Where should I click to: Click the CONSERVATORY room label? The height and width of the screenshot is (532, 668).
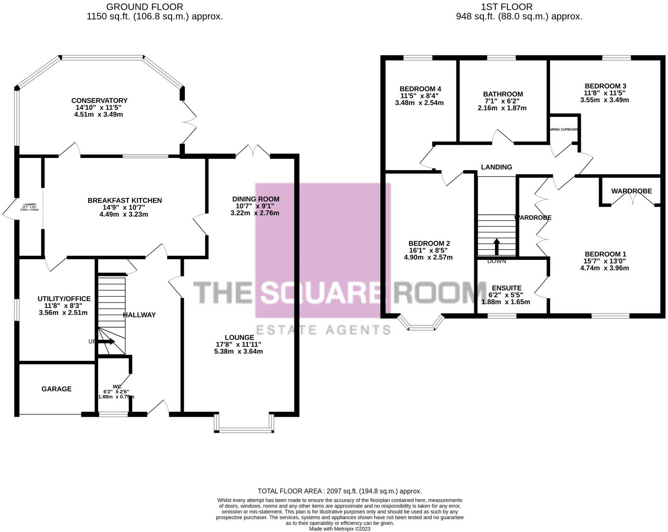99,101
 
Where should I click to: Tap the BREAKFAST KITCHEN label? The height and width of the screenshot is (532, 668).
125,200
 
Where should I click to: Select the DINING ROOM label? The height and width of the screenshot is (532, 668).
256,199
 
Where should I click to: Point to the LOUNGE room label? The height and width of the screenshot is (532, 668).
239,337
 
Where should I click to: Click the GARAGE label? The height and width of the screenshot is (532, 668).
56,389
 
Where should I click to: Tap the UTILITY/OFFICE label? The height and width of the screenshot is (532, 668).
64,299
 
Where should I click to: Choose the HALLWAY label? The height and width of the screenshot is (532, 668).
139,315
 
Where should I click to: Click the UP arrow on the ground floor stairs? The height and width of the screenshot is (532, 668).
106,341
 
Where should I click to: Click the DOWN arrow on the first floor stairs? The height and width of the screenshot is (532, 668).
497,247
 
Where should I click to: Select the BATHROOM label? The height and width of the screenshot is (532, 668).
503,94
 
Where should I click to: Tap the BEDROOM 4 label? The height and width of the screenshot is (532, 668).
420,89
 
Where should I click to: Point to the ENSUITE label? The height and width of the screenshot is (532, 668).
506,288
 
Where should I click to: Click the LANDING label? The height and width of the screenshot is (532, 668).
496,167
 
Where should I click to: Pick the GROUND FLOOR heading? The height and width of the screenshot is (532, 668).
145,7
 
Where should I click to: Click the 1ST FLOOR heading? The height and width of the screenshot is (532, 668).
506,7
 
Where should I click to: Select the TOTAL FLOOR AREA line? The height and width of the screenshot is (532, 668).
339,491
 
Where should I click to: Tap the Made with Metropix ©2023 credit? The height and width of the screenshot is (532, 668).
339,529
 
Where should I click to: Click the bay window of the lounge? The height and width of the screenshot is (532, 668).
244,429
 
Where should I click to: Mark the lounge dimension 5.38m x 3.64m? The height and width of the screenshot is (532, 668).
238,351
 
